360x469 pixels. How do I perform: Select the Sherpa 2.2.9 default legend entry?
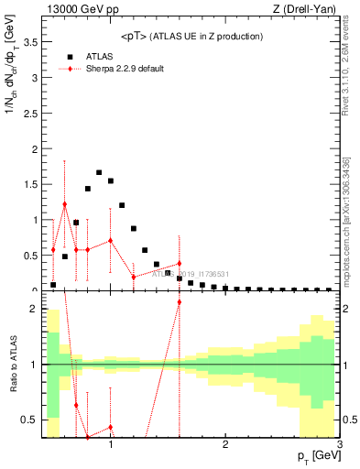125,69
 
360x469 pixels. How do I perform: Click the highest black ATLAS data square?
99,172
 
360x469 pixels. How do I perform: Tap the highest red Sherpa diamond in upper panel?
65,204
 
